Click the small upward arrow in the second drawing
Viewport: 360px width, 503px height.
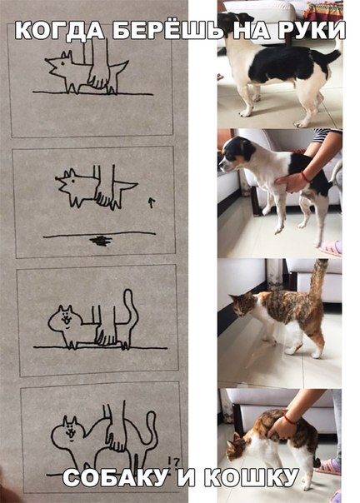pyautogui.click(x=152, y=202)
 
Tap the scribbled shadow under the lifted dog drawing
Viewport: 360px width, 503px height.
pyautogui.click(x=101, y=241)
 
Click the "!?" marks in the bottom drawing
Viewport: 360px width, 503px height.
pyautogui.click(x=173, y=462)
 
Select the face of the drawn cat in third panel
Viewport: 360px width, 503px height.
pyautogui.click(x=65, y=319)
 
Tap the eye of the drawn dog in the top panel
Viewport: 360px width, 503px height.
pyautogui.click(x=62, y=63)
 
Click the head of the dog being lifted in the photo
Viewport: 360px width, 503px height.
pyautogui.click(x=237, y=153)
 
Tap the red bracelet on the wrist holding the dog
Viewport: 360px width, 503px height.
pyautogui.click(x=305, y=177)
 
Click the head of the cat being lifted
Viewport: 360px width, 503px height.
pyautogui.click(x=237, y=446)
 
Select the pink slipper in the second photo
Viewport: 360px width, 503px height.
pyautogui.click(x=331, y=249)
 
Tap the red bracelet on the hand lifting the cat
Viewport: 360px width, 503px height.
pyautogui.click(x=290, y=419)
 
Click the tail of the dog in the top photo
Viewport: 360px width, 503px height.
pyautogui.click(x=327, y=57)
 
